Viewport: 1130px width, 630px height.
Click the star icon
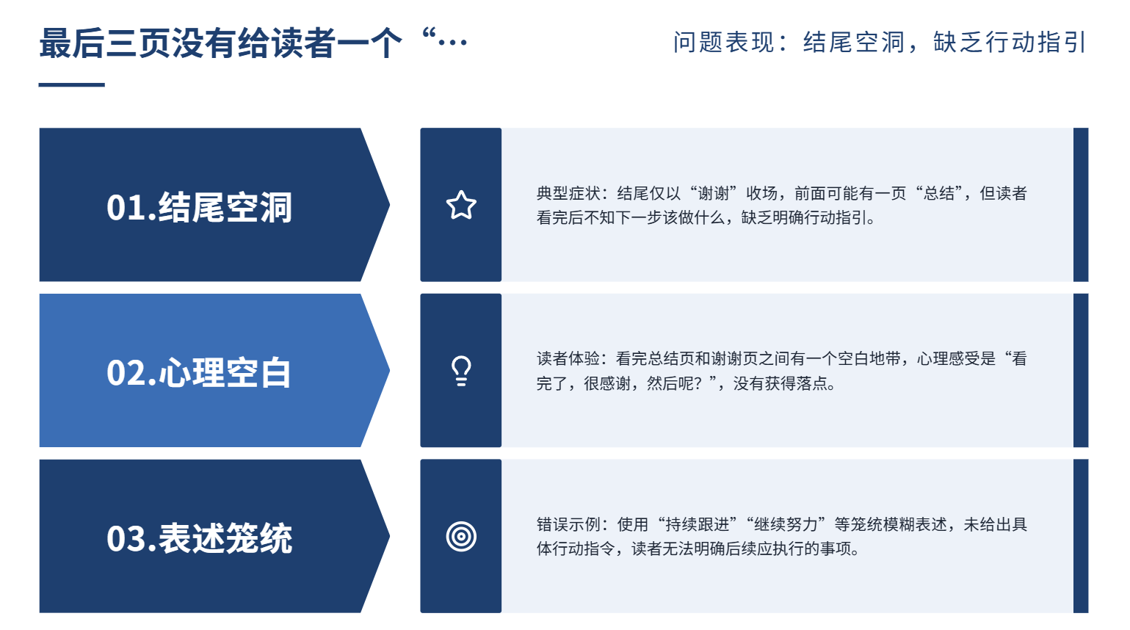(461, 205)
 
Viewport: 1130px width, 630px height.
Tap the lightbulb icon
(461, 371)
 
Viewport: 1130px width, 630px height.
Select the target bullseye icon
(461, 536)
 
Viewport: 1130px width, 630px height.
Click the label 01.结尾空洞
(199, 207)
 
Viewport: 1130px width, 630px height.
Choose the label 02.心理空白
(199, 373)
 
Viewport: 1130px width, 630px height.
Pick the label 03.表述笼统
(199, 538)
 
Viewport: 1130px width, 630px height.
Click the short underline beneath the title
(72, 84)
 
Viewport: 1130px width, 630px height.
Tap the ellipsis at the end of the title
(452, 43)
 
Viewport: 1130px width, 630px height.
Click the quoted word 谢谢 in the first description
(713, 193)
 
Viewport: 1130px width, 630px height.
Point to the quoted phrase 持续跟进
(698, 524)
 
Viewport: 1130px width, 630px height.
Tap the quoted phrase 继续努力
(786, 524)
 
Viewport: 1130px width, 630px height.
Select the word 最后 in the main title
(72, 43)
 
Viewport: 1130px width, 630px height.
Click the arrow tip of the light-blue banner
(389, 370)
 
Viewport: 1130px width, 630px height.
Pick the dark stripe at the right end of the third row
(1081, 536)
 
